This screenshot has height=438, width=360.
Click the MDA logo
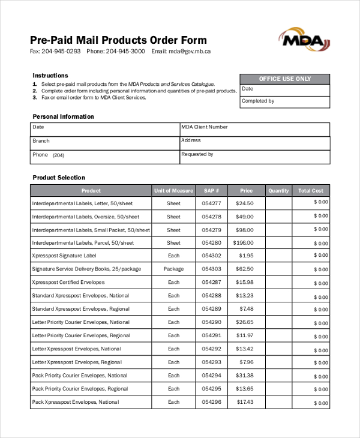(304, 40)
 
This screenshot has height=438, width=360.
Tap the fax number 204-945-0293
(61, 52)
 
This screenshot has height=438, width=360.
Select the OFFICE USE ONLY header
(284, 79)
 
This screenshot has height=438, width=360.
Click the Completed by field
(284, 101)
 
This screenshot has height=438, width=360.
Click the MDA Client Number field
(254, 130)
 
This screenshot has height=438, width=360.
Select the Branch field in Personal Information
(104, 143)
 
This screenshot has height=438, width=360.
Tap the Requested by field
(254, 157)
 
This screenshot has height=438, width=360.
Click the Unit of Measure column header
(173, 191)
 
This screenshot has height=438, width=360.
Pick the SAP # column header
(212, 191)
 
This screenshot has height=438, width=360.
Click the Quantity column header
(278, 191)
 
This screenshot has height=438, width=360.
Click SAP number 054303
(212, 269)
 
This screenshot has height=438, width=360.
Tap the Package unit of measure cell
(173, 269)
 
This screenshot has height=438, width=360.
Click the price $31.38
(244, 376)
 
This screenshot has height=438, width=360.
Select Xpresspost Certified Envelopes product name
(68, 283)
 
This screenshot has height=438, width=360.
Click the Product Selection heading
(59, 178)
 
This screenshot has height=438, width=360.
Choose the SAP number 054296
(212, 402)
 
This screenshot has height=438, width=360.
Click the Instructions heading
(50, 76)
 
